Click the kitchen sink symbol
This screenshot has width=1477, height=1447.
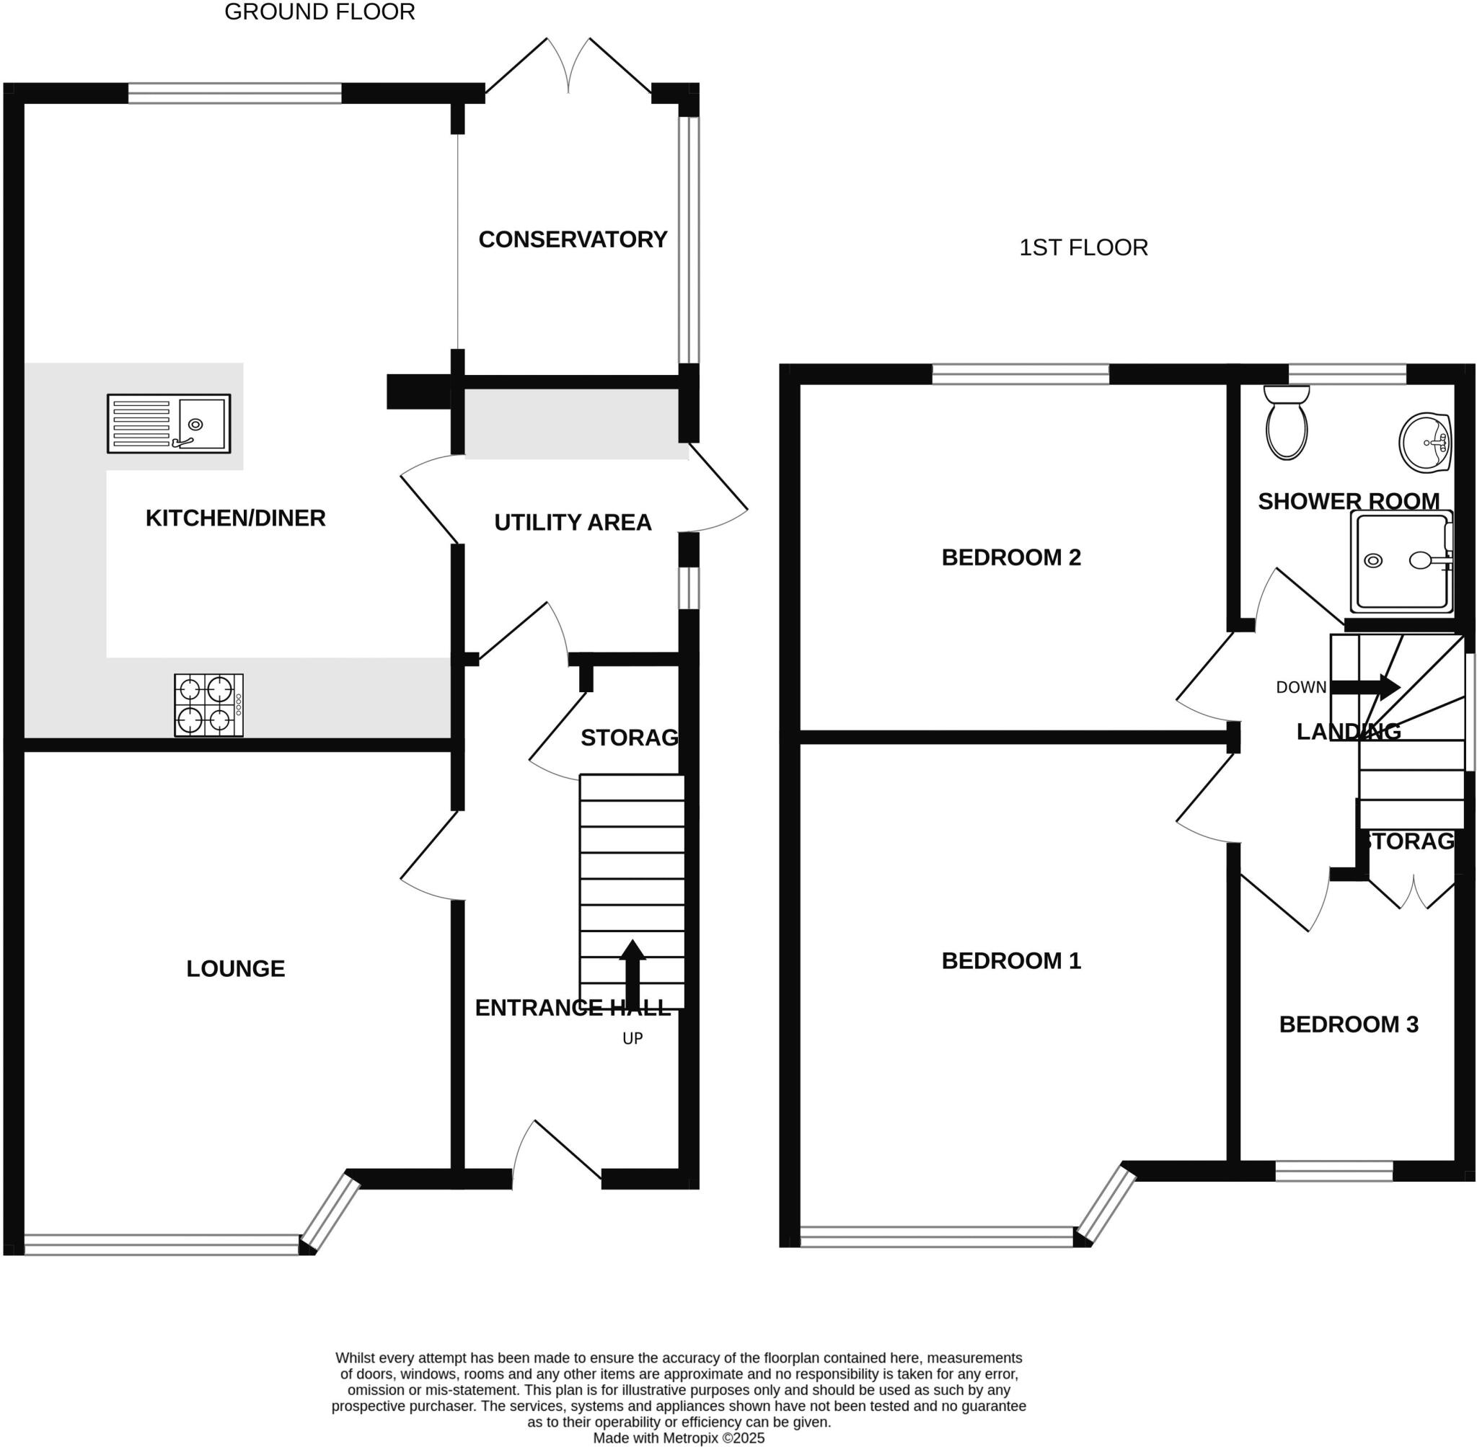tap(169, 423)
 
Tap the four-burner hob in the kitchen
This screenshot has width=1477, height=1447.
tap(209, 704)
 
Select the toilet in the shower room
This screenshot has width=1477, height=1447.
tap(1286, 424)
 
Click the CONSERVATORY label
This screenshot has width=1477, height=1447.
tap(573, 239)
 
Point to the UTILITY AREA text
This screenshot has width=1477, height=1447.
tap(573, 522)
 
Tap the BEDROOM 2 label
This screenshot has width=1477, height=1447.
tap(1011, 557)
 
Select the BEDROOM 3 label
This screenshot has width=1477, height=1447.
tap(1349, 1024)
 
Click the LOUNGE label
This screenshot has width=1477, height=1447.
tap(236, 968)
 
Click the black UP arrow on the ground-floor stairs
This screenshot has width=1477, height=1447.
tap(632, 972)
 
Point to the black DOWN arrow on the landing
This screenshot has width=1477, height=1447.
tap(1365, 687)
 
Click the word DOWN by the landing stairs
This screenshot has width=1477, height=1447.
tap(1300, 687)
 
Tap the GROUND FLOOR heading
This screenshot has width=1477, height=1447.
tap(319, 12)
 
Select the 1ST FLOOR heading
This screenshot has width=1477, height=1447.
tap(1083, 248)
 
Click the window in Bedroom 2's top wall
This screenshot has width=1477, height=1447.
tap(1020, 374)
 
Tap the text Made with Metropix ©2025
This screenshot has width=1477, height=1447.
tap(678, 1437)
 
